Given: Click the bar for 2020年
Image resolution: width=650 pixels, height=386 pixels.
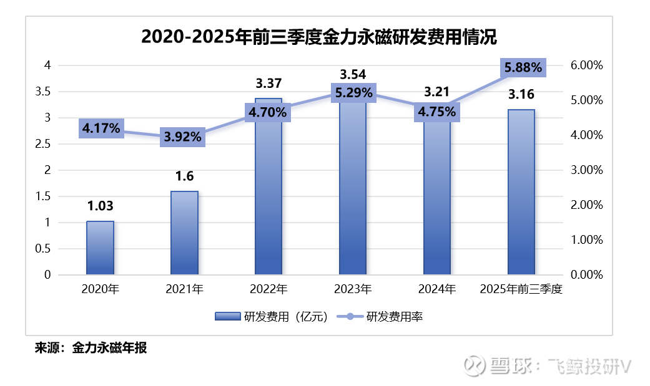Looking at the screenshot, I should [100, 248].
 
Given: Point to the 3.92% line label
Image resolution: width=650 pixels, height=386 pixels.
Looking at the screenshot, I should [184, 137].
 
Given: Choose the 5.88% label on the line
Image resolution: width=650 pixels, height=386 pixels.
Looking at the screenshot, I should [522, 67].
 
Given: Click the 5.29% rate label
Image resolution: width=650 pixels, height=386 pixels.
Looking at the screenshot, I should [353, 94].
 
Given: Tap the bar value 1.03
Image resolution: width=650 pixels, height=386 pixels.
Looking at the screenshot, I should [100, 206].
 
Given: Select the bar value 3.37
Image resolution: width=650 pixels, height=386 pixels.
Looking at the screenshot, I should [268, 83].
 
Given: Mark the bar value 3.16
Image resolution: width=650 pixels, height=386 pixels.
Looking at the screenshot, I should [521, 95].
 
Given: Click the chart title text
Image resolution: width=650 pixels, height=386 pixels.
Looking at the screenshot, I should [319, 37].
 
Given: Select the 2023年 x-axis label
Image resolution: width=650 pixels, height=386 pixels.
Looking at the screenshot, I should [353, 289].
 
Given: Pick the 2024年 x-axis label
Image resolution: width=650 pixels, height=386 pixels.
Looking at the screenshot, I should [437, 289].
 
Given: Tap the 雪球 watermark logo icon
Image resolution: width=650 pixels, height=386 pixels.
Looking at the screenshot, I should [475, 366].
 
